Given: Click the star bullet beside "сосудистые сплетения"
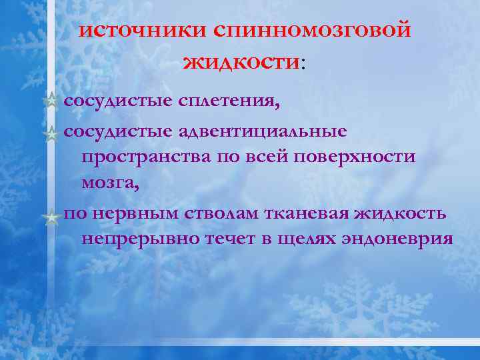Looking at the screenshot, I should click(51, 102).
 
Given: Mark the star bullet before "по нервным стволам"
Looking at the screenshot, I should click(51, 216).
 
